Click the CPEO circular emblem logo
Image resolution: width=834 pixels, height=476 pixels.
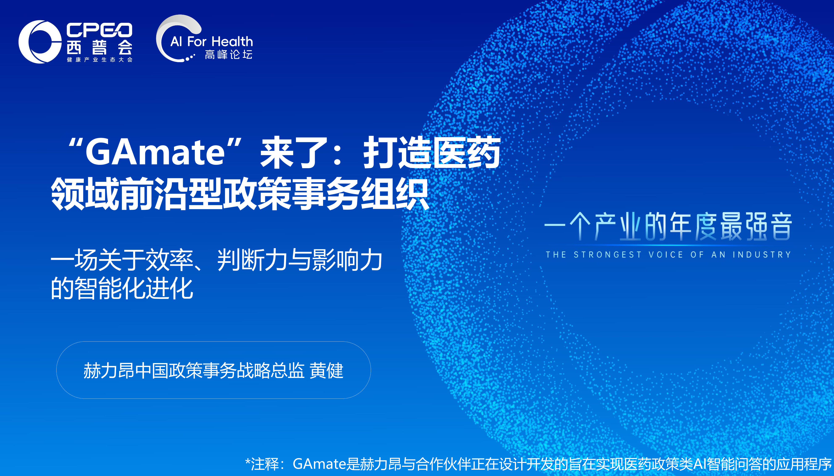(x=39, y=42)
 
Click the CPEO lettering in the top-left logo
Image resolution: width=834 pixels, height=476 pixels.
(x=99, y=30)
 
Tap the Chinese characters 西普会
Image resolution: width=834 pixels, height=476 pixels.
(x=99, y=47)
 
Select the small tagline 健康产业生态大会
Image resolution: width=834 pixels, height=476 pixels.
(x=99, y=59)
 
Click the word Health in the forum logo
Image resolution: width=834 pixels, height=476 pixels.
(x=232, y=42)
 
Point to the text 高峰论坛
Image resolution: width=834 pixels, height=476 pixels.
(x=229, y=54)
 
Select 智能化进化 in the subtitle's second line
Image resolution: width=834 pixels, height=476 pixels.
(x=134, y=288)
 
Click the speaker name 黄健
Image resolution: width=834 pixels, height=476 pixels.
(x=326, y=370)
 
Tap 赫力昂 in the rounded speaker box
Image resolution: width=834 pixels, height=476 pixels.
(x=109, y=370)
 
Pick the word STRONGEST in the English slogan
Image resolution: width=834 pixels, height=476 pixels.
(x=608, y=255)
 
